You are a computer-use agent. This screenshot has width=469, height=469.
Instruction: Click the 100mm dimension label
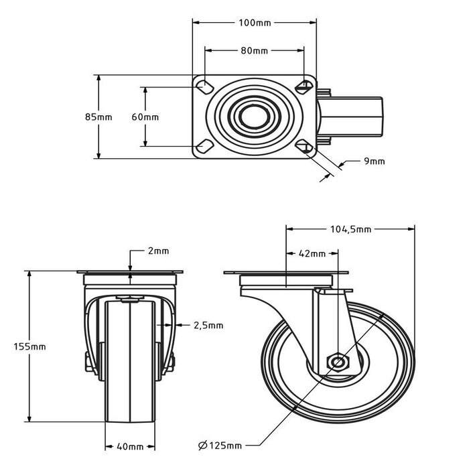click(x=255, y=23)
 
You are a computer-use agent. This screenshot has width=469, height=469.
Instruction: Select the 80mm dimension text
click(x=254, y=51)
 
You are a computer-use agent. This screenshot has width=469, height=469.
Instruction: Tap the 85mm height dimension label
click(x=98, y=117)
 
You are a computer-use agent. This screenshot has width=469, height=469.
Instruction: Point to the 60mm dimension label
click(x=145, y=117)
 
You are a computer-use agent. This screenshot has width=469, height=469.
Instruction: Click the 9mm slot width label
click(x=375, y=161)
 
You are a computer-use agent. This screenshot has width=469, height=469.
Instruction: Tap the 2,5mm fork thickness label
click(x=208, y=326)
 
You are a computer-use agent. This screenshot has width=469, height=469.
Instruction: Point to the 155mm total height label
click(x=29, y=346)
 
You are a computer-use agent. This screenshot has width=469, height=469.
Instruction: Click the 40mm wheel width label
click(x=131, y=446)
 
